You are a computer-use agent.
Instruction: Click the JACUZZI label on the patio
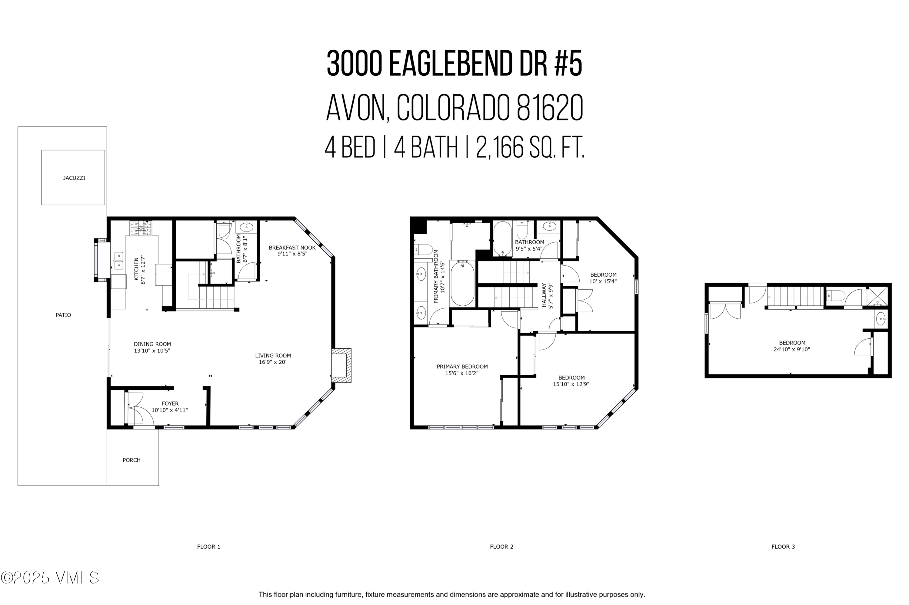tap(74, 178)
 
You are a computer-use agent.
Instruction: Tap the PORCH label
tap(131, 460)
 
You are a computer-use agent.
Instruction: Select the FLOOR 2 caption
tap(501, 546)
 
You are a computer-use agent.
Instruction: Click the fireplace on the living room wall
tap(341, 365)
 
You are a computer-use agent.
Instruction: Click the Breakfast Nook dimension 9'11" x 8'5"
tap(292, 254)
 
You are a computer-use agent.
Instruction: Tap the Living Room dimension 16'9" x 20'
tap(273, 362)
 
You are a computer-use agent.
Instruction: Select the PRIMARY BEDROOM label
tap(462, 367)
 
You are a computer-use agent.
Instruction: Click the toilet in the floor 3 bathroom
tap(834, 296)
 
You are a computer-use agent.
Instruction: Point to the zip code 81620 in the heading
tap(549, 108)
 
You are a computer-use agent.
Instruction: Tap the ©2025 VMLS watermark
tap(50, 577)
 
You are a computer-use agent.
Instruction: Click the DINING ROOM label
tap(152, 344)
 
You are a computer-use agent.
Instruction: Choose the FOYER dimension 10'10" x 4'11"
tap(170, 410)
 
